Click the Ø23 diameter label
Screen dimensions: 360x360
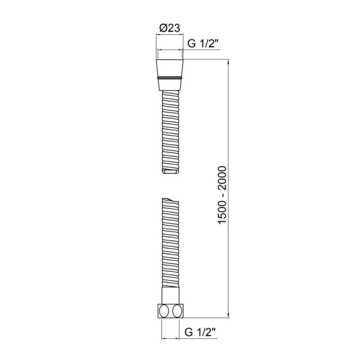click(170, 28)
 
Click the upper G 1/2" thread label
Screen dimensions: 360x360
click(203, 43)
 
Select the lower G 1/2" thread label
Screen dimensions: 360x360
click(200, 332)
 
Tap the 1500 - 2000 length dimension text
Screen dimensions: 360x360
click(222, 194)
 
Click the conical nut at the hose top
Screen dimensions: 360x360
click(170, 75)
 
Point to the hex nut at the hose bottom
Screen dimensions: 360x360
click(170, 311)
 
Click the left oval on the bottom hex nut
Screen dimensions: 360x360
click(164, 311)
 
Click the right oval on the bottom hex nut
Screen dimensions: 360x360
click(177, 311)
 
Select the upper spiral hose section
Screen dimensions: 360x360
click(170, 132)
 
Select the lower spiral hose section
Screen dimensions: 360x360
click(170, 242)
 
